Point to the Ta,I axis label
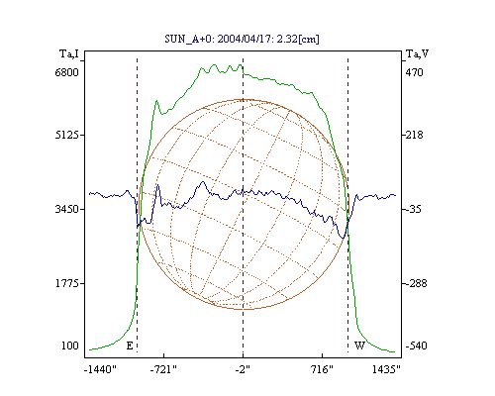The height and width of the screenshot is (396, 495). [69, 53]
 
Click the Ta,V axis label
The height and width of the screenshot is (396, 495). [418, 53]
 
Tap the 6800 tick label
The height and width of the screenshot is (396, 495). [67, 72]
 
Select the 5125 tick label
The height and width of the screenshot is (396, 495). [67, 135]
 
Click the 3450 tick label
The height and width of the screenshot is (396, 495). [67, 209]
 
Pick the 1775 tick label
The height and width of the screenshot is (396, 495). [67, 283]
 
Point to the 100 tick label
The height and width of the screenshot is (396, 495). [70, 346]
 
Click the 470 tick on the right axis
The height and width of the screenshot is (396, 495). [414, 72]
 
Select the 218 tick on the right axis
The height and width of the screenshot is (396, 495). [414, 135]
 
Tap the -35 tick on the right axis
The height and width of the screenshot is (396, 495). [413, 209]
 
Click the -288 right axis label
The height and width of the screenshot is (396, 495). [416, 283]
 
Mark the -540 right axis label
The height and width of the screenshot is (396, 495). [416, 346]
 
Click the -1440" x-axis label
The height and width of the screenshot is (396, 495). [100, 369]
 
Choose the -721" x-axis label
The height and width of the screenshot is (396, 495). [163, 369]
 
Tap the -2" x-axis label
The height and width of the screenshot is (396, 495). [243, 369]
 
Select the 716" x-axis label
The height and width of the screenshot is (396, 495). [322, 369]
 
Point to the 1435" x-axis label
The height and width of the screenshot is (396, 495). [386, 369]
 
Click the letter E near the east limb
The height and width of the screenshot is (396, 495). [130, 346]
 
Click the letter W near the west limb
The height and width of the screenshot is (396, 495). [359, 346]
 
